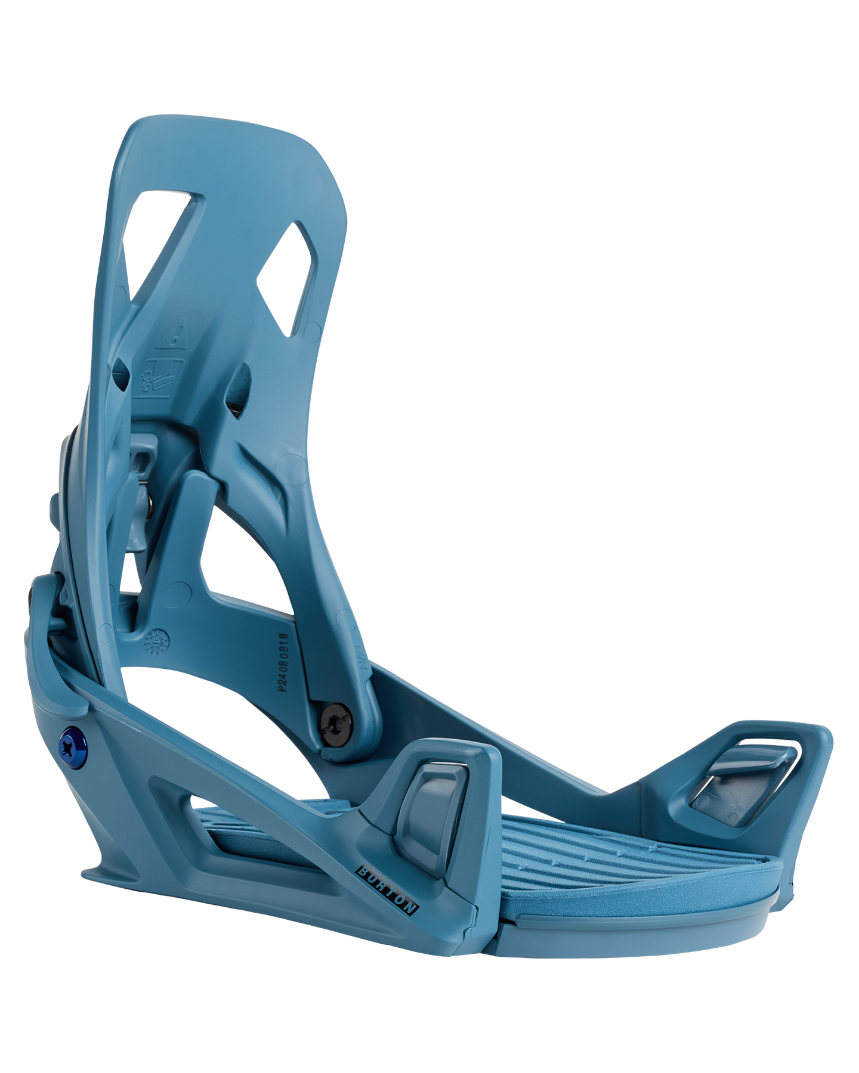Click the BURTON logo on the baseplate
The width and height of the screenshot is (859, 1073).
[387, 890]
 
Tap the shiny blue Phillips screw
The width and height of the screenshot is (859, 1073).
[72, 746]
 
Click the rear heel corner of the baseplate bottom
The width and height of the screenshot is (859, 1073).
[95, 876]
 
